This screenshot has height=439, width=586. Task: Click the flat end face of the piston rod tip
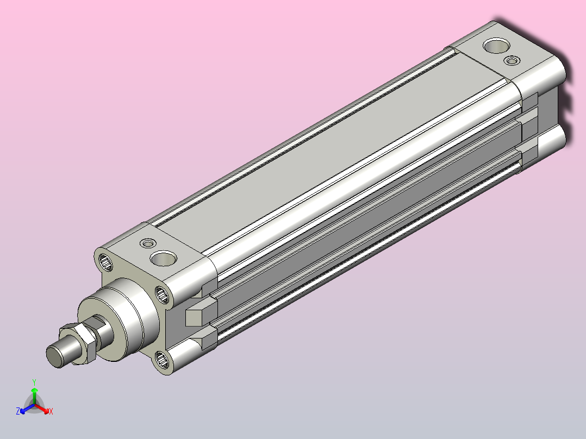(x=55, y=356)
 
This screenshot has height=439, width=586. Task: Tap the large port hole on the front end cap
(x=163, y=258)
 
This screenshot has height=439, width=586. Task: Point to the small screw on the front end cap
(x=148, y=243)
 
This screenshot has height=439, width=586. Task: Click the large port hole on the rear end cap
(x=496, y=46)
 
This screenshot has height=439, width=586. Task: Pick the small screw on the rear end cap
(x=512, y=60)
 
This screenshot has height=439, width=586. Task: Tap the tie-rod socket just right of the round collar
(x=162, y=295)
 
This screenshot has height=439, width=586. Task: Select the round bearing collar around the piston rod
(x=120, y=319)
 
